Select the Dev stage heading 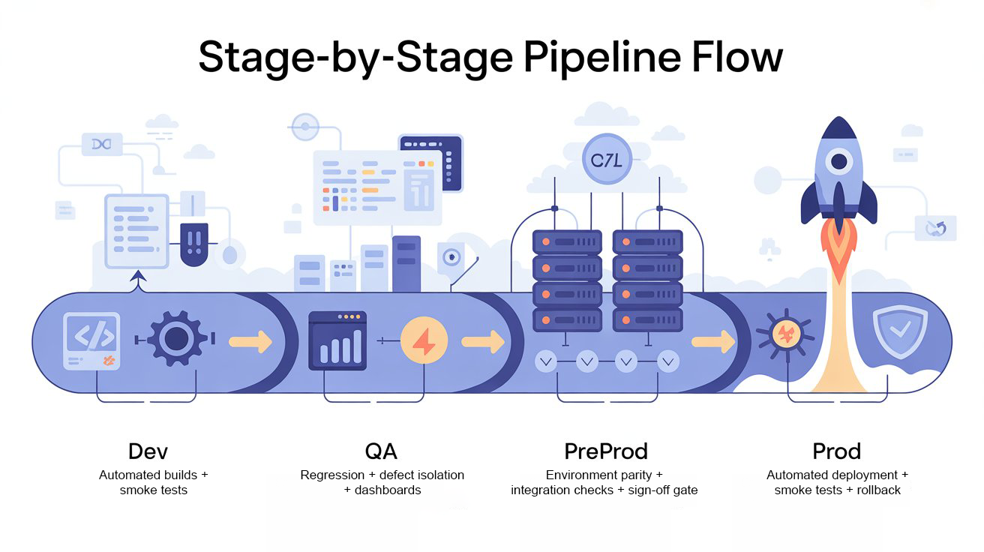148,451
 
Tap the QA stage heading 381,451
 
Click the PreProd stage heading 605,451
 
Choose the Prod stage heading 836,451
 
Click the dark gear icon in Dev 176,340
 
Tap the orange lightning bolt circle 424,342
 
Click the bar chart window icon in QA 338,342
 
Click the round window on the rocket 838,161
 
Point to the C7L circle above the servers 607,159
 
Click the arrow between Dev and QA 250,342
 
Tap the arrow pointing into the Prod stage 713,342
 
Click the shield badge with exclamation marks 194,243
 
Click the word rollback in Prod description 880,490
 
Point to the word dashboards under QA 388,490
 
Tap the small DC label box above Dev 101,144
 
